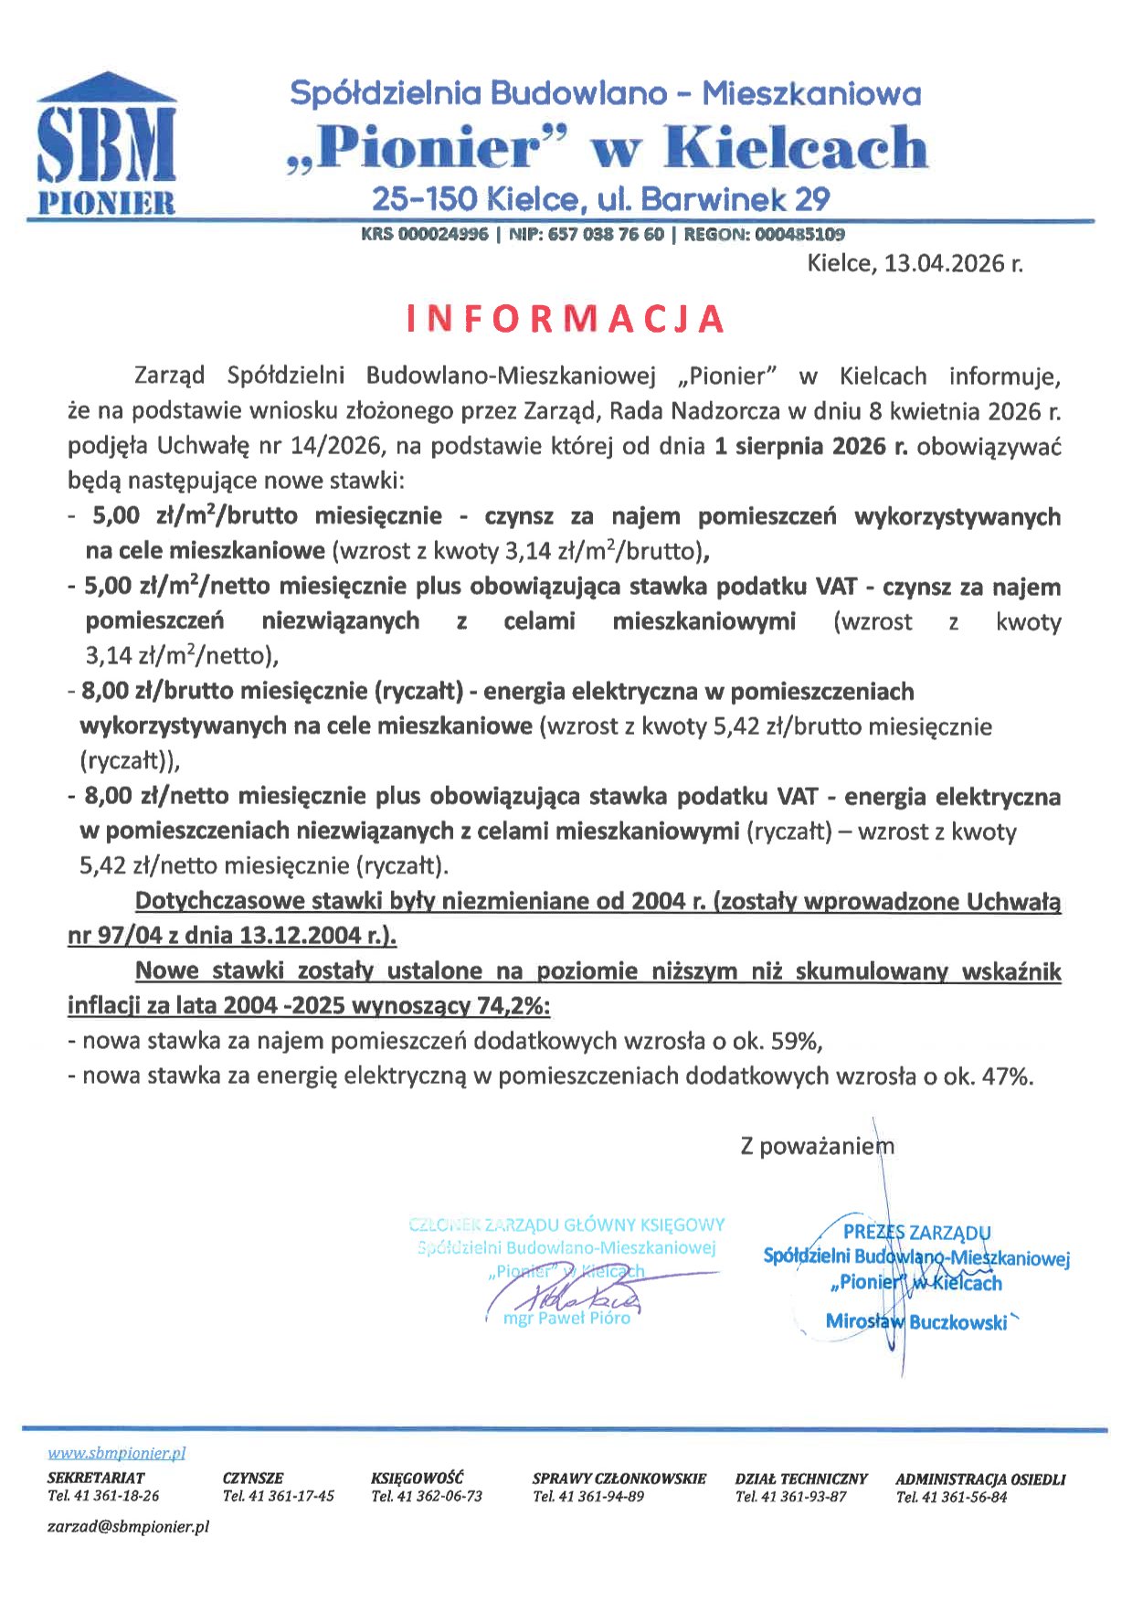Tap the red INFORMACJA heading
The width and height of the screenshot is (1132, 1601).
(565, 318)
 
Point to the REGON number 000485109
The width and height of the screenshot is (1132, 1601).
(794, 234)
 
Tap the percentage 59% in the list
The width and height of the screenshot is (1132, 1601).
(799, 1041)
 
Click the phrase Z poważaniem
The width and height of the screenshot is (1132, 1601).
(817, 1146)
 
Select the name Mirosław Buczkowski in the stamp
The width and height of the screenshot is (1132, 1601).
(916, 1321)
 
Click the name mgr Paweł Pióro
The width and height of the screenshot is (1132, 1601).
(566, 1318)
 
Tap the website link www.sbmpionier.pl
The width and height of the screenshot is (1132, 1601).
(117, 1453)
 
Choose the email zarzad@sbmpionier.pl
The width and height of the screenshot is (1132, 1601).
(128, 1526)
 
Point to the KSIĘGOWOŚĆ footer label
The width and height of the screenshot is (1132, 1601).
(418, 1478)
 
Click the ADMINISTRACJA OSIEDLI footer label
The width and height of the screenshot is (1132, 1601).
(980, 1478)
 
